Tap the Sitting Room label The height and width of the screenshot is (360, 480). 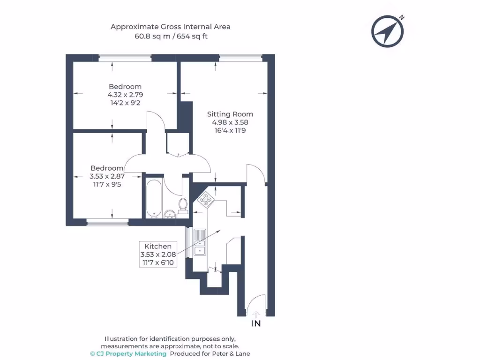point(230,114)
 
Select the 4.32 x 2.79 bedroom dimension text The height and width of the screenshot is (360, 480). point(125,95)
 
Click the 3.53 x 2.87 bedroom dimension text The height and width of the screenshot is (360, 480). point(107,176)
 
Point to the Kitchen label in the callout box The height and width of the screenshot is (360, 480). point(157,246)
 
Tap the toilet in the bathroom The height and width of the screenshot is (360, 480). point(183,205)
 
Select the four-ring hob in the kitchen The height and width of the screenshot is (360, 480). point(206,200)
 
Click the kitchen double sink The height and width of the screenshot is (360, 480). point(200,243)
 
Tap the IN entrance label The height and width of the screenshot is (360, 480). point(256,323)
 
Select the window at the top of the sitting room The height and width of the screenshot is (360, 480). point(240,58)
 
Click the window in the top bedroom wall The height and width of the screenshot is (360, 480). point(125,58)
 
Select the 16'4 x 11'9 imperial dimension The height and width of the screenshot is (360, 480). point(230,130)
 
